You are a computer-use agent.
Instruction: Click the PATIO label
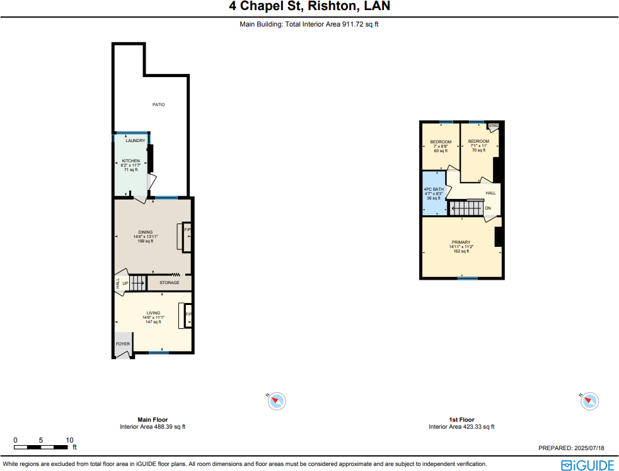[x=158, y=105]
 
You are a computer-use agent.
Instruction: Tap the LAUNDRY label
[x=135, y=141]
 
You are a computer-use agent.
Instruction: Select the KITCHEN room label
[x=130, y=161]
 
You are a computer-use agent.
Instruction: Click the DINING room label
[x=146, y=232]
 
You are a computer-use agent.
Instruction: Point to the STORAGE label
[x=169, y=283]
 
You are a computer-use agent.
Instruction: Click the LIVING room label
[x=153, y=313]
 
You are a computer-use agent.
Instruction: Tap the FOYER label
[x=122, y=344]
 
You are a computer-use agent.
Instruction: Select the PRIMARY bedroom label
[x=461, y=242]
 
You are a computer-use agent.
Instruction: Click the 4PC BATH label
[x=433, y=189]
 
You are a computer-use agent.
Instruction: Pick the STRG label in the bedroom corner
[x=493, y=126]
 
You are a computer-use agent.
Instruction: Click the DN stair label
[x=488, y=208]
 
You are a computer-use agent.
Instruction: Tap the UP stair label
[x=125, y=283]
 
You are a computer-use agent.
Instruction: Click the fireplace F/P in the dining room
[x=187, y=230]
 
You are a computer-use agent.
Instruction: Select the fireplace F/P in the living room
[x=188, y=314]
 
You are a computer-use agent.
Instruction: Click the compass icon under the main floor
[x=277, y=400]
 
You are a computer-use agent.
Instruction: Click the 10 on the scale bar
[x=69, y=440]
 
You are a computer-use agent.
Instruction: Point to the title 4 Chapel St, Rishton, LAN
[x=309, y=7]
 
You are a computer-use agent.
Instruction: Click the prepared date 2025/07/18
[x=589, y=448]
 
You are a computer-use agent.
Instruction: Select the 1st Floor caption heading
[x=461, y=420]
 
